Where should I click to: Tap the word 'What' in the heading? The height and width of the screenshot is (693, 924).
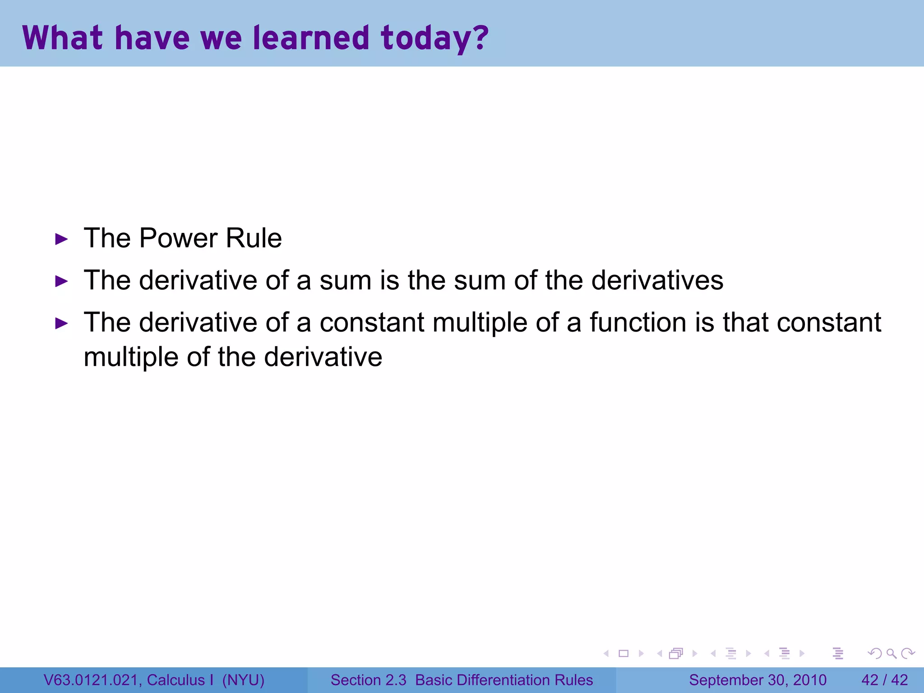[x=62, y=37]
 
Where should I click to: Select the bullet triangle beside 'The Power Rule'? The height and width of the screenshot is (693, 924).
[x=61, y=239]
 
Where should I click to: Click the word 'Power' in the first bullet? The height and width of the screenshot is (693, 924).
[x=178, y=238]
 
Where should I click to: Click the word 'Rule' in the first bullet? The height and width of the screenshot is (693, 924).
[x=254, y=238]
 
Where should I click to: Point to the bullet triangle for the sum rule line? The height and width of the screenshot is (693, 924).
[x=61, y=282]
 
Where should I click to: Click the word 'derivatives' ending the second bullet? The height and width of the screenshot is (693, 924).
[x=657, y=280]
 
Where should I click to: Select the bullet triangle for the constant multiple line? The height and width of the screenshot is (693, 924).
[x=61, y=323]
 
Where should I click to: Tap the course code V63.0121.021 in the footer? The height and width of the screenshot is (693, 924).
[x=92, y=680]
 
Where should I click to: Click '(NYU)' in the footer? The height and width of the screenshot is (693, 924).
[x=243, y=680]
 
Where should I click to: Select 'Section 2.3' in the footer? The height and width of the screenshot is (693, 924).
[x=368, y=680]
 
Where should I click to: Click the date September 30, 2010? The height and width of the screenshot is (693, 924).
[x=758, y=680]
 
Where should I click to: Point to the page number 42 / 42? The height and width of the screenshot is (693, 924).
[x=884, y=680]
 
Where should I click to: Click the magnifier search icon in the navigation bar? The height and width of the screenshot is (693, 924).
[x=891, y=653]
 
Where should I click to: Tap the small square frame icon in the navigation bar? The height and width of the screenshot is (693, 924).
[x=624, y=653]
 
